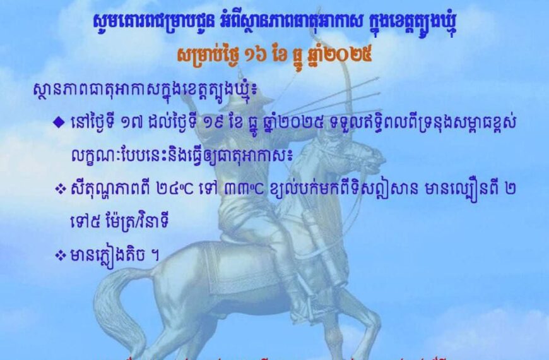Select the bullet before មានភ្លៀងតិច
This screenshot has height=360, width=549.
[x=61, y=255]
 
